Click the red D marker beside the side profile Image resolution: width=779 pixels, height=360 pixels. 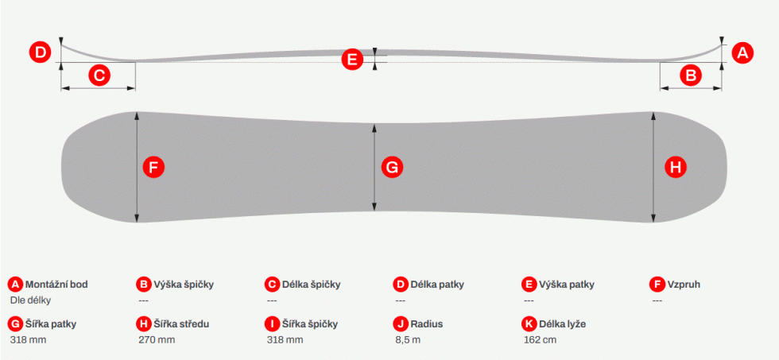[x=41, y=52]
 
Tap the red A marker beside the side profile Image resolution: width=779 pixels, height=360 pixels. [x=742, y=52]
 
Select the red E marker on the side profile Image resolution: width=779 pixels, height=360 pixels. [x=351, y=60]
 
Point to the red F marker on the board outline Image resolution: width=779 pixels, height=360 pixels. [x=153, y=168]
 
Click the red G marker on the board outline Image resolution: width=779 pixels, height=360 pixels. [x=392, y=168]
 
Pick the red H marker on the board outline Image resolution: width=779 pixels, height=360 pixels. [x=676, y=168]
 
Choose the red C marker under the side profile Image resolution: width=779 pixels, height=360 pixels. [x=99, y=76]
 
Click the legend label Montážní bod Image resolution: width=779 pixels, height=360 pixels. [x=56, y=285]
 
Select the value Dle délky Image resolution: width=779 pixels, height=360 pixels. [x=30, y=300]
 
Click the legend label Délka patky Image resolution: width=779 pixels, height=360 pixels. [x=437, y=285]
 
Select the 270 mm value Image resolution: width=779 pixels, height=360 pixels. [x=157, y=340]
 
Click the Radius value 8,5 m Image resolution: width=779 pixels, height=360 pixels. [x=408, y=340]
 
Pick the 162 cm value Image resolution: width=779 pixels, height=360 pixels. [x=540, y=340]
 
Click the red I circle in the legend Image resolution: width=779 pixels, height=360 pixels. [x=272, y=324]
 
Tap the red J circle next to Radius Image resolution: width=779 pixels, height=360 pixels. [x=400, y=324]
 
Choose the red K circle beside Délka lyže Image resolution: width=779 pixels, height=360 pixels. [x=528, y=324]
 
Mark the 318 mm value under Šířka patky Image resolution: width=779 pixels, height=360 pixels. [x=29, y=340]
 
